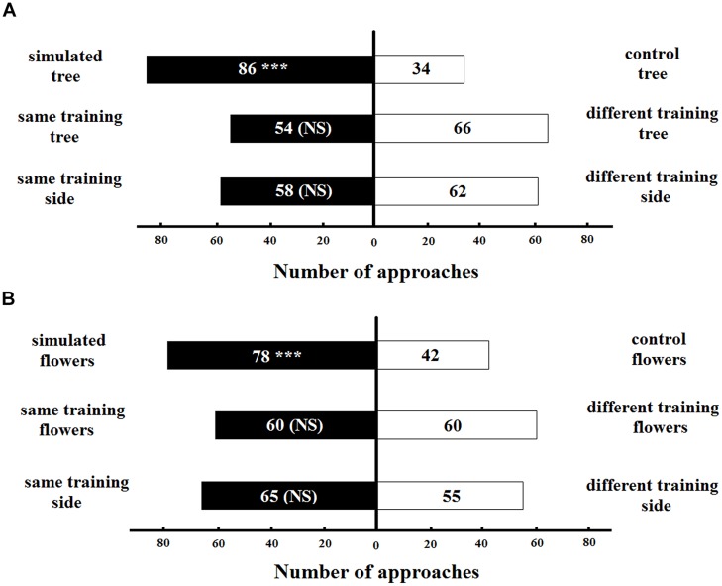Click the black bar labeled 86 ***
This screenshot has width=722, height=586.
point(259,69)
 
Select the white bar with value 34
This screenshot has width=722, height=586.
point(419,69)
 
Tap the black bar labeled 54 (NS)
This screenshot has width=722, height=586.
point(301,129)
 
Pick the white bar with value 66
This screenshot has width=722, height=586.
point(461,129)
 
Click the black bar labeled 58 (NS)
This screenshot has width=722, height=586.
point(296,190)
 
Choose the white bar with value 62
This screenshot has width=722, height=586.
point(456,190)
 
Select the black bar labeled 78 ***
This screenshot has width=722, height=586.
point(271,355)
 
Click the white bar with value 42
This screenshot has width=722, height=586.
point(433,355)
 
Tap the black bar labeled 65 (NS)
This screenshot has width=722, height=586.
point(288,496)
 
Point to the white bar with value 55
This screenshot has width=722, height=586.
point(450,496)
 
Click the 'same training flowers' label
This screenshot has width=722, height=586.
point(69,419)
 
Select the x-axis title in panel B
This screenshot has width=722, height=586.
point(376,572)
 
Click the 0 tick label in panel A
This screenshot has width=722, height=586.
point(374,241)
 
